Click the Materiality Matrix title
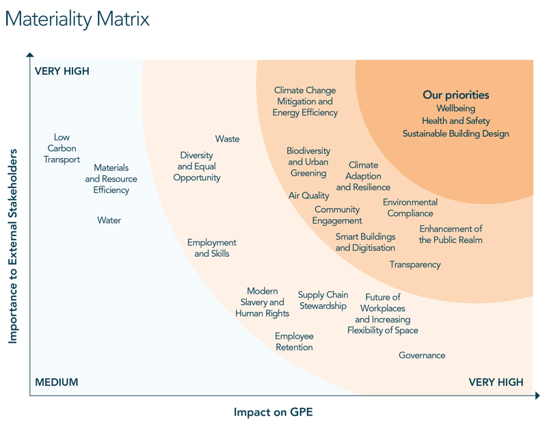pyautogui.click(x=77, y=18)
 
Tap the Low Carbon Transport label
pyautogui.click(x=62, y=149)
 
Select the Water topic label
pyautogui.click(x=109, y=220)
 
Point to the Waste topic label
pyautogui.click(x=227, y=139)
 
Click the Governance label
pyautogui.click(x=422, y=355)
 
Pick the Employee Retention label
pyautogui.click(x=294, y=342)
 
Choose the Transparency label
pyautogui.click(x=415, y=264)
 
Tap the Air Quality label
pyautogui.click(x=308, y=196)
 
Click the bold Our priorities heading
pyautogui.click(x=455, y=95)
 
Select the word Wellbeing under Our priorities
pyautogui.click(x=455, y=108)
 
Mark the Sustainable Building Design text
pyautogui.click(x=455, y=133)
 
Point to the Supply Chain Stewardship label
pyautogui.click(x=323, y=300)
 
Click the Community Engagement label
pyautogui.click(x=337, y=215)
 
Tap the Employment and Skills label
pyautogui.click(x=212, y=248)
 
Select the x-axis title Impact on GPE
pyautogui.click(x=273, y=412)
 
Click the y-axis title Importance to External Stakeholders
pyautogui.click(x=13, y=246)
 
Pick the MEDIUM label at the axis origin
pyautogui.click(x=56, y=382)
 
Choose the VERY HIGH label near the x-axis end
pyautogui.click(x=496, y=382)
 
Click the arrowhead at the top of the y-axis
pyautogui.click(x=29, y=54)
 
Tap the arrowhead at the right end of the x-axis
pyautogui.click(x=537, y=396)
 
